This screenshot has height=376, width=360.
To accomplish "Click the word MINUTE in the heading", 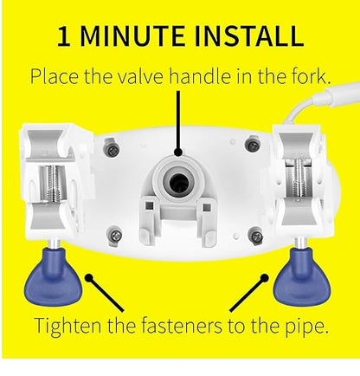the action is (132, 36).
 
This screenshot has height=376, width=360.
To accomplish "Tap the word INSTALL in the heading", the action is (249, 36).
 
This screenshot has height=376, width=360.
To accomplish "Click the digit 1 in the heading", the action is (64, 36).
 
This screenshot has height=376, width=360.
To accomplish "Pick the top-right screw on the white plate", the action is (253, 146).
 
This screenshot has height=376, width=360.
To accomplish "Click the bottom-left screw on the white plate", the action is (115, 237).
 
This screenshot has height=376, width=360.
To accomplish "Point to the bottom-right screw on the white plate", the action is (255, 237).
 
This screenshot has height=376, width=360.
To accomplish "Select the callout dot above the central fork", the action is (178, 152).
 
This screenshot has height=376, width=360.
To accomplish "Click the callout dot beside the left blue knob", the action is (89, 278).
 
